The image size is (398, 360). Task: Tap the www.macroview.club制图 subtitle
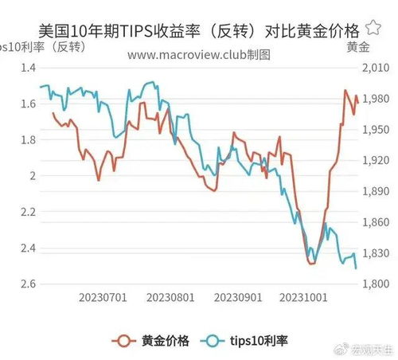click(199, 55)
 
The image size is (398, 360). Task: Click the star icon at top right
click(373, 30)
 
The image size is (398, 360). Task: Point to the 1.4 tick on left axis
click(26, 68)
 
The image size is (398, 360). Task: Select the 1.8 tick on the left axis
click(26, 140)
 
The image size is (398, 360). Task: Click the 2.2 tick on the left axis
click(26, 213)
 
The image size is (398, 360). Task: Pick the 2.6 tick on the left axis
click(26, 284)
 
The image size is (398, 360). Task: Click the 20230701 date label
click(103, 299)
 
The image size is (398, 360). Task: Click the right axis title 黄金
click(358, 47)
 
